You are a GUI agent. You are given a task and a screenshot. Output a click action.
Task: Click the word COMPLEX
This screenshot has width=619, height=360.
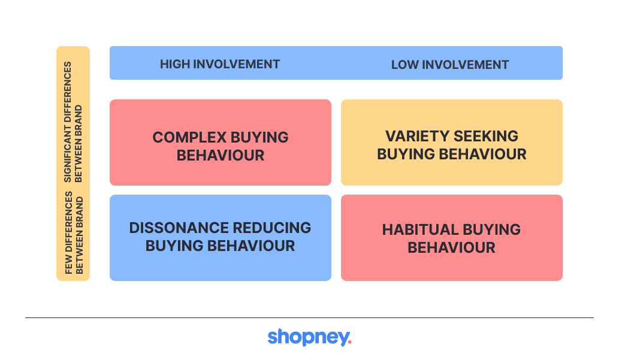pos(190,137)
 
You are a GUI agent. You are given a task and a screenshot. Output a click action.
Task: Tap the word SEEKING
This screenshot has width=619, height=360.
pos(486,136)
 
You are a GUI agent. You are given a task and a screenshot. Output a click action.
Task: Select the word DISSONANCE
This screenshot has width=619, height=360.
pos(179,228)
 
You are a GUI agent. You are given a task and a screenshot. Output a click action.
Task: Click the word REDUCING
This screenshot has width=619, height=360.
pos(272,228)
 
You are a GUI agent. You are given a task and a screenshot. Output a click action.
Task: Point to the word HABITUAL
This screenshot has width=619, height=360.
pos(420,230)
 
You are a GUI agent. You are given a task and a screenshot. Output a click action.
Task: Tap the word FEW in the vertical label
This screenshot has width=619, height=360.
pos(69,265)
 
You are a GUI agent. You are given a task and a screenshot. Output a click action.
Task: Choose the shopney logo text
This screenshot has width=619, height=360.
pos(309,337)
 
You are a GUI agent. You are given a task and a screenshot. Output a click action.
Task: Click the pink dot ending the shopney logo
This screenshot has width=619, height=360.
pos(350,344)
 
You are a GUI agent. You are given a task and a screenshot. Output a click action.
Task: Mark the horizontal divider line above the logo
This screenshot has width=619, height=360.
pos(309,317)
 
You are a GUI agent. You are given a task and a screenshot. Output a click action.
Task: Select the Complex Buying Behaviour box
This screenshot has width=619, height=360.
pos(221,143)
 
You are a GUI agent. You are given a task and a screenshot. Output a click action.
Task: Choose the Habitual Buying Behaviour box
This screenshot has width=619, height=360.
pos(452,238)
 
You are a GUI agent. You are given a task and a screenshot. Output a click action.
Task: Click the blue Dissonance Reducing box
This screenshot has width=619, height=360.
pos(221,238)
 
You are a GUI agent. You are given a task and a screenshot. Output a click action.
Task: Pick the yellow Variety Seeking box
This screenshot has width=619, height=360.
pos(452,143)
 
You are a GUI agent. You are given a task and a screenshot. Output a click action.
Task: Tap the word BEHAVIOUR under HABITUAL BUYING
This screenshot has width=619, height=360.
pos(451,248)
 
